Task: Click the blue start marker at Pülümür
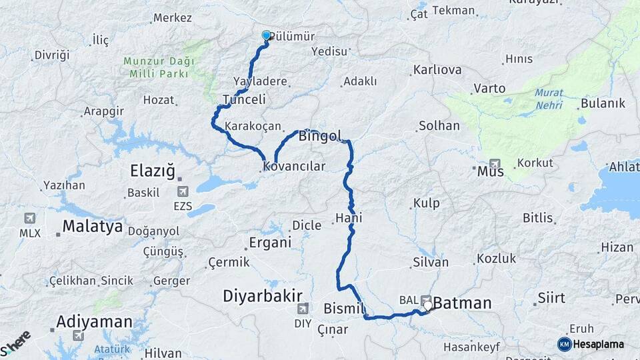pyautogui.click(x=267, y=36)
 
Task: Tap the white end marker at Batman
pyautogui.click(x=427, y=306)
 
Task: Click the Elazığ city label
pyautogui.click(x=153, y=173)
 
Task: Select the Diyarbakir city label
pyautogui.click(x=263, y=296)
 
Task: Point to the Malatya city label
pyautogui.click(x=93, y=227)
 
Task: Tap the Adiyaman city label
pyautogui.click(x=94, y=322)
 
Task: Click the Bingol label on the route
pyautogui.click(x=320, y=137)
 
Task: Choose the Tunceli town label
pyautogui.click(x=244, y=99)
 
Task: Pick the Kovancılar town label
pyautogui.click(x=294, y=166)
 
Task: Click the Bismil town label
pyautogui.click(x=344, y=309)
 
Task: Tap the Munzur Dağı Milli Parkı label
pyautogui.click(x=159, y=66)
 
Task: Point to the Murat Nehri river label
pyautogui.click(x=549, y=99)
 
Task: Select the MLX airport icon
pyautogui.click(x=30, y=218)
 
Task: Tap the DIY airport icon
pyautogui.click(x=303, y=308)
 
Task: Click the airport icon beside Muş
pyautogui.click(x=494, y=163)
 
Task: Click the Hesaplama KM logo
pyautogui.click(x=565, y=344)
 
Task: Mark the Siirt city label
pyautogui.click(x=551, y=297)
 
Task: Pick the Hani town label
pyautogui.click(x=349, y=219)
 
